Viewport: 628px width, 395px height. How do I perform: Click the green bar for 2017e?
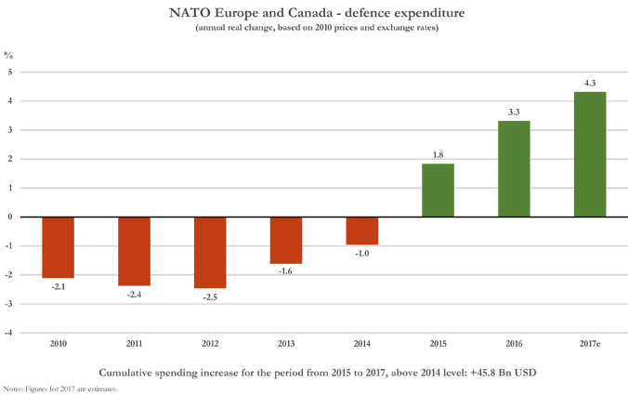(x=590, y=154)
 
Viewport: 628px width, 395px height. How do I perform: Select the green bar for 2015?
(x=438, y=191)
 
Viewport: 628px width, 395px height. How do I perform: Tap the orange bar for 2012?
(x=210, y=253)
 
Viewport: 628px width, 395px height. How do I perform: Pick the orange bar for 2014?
(x=361, y=231)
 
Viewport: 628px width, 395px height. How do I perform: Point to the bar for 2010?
(x=58, y=247)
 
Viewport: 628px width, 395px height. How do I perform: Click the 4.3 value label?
(x=590, y=83)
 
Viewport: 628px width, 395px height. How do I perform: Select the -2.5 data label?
(x=210, y=297)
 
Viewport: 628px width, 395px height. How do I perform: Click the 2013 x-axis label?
(x=286, y=344)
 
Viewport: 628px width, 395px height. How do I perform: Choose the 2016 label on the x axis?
(x=514, y=344)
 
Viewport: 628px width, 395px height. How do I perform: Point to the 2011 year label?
(x=134, y=344)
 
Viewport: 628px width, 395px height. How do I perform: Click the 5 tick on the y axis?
(x=10, y=72)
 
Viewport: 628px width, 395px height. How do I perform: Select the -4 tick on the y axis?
(x=8, y=333)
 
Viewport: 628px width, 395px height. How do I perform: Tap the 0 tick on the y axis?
(x=10, y=217)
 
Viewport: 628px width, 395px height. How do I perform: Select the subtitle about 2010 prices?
(x=314, y=29)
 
